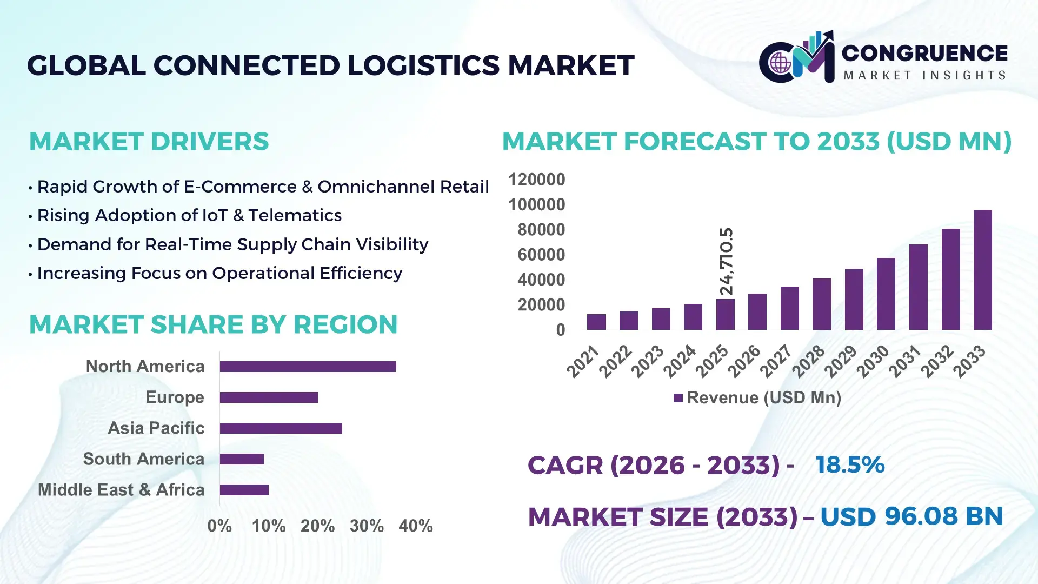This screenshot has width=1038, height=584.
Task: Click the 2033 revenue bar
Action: point(982,270)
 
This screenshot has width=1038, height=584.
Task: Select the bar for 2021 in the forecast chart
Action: point(596,322)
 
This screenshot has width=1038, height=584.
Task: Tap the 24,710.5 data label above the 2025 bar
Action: point(727,261)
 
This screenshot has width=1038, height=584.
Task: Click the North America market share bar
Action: point(308,367)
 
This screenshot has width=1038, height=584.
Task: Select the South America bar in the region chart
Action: point(242,459)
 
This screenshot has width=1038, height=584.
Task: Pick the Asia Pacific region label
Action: point(156,428)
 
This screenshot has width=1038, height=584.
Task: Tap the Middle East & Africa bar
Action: point(244,490)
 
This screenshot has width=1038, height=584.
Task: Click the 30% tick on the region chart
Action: point(367,526)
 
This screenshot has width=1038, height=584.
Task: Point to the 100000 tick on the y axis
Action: point(536,204)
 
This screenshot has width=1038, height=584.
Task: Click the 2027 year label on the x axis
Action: point(776,361)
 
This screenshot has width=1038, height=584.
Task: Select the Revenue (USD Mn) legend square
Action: point(678,398)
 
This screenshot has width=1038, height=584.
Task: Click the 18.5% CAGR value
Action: point(850,464)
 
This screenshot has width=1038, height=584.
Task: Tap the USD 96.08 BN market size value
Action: point(911,516)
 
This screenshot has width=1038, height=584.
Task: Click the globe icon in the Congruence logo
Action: point(780,63)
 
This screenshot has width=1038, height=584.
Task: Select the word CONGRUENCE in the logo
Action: point(924,53)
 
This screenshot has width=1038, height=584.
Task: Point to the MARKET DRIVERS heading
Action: point(149,142)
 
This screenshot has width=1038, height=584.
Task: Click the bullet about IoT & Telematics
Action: point(189,215)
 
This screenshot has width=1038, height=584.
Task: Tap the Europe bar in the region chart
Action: point(269,397)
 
